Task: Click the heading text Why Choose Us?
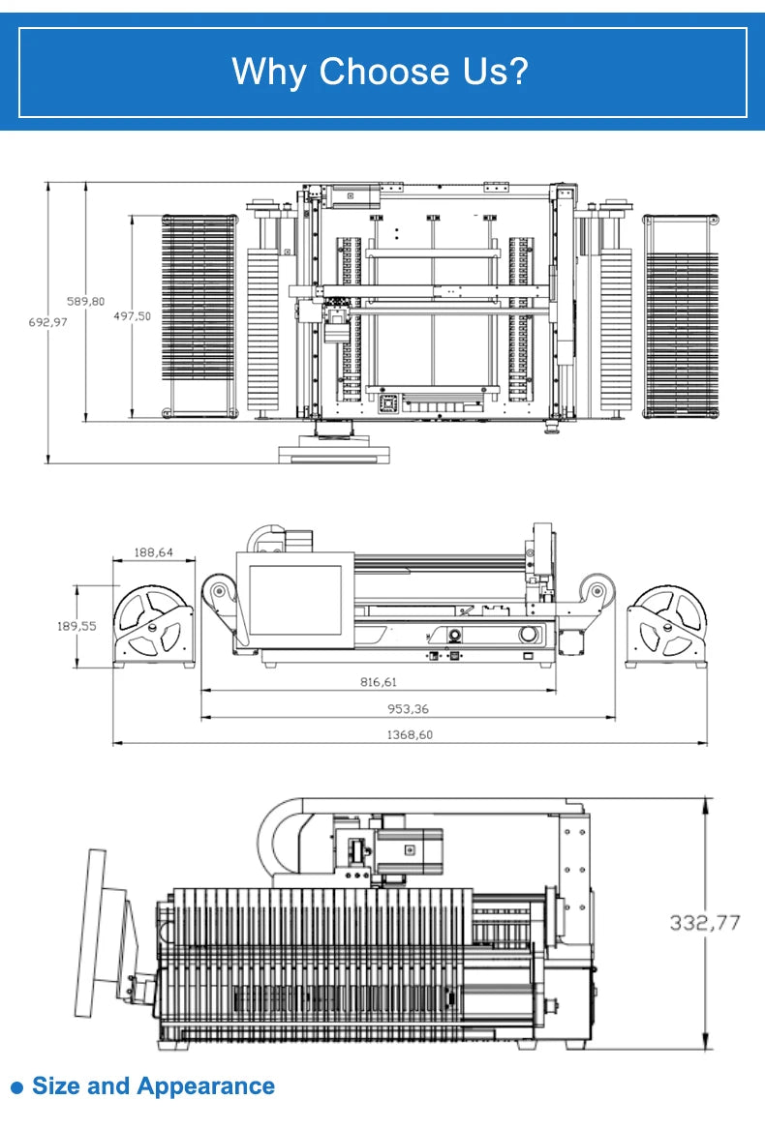380,72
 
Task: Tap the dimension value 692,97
48,322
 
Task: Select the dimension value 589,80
86,302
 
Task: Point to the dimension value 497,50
132,316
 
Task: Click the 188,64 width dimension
154,552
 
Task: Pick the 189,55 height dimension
76,627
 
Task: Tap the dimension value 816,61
379,682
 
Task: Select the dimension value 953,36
408,709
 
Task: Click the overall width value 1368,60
410,735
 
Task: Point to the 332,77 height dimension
705,922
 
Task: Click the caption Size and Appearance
154,1085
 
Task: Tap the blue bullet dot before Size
17,1087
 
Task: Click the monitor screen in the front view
295,600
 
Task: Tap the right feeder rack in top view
681,315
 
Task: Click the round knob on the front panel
530,635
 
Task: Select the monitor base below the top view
334,449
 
